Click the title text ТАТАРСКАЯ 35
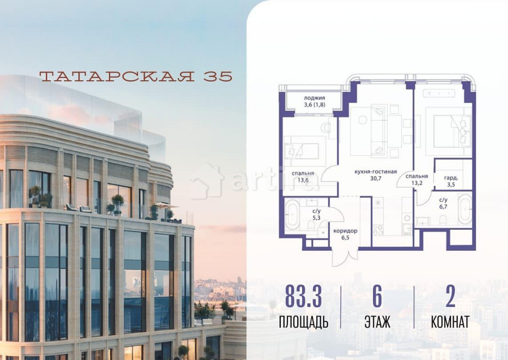coord(136,76)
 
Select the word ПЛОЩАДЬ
coord(303,322)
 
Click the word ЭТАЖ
coord(377,322)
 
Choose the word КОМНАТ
coord(450,322)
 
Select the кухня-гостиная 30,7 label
coord(375,175)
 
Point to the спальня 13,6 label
coord(303,176)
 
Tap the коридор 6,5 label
coord(345,234)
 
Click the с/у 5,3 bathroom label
coord(316,214)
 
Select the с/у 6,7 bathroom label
coord(443,204)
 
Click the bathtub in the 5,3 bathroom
coord(293,215)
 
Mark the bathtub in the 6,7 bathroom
coord(465,209)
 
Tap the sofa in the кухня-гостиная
coord(378,130)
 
